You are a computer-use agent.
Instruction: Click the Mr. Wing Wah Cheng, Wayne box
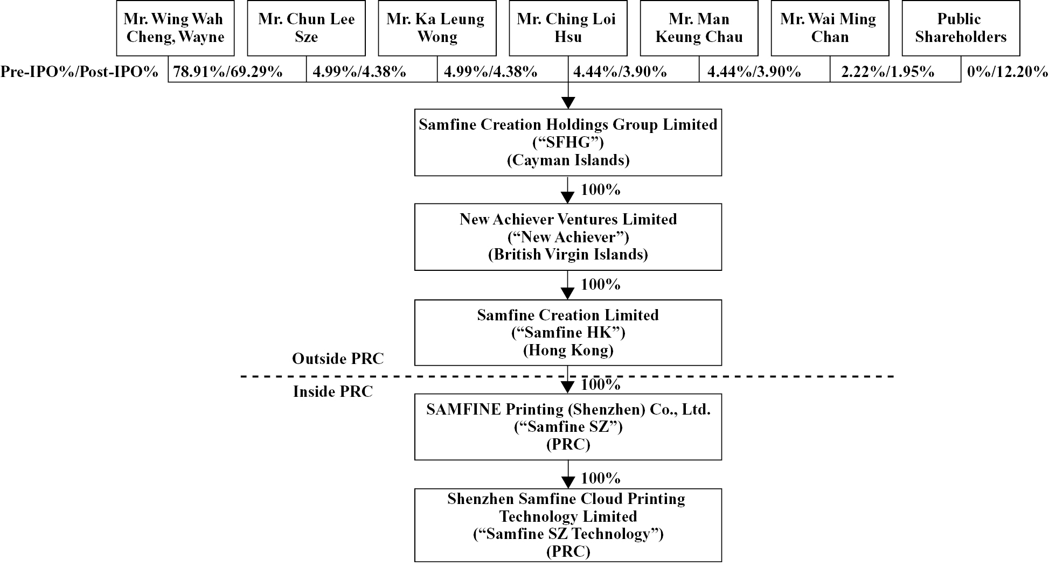pos(175,28)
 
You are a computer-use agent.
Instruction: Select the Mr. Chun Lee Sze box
pos(306,28)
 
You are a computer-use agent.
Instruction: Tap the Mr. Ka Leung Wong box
pos(437,28)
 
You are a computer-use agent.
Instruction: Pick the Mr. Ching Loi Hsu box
pos(568,28)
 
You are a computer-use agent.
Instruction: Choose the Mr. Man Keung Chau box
pos(699,28)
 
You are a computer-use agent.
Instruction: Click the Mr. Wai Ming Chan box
pos(830,28)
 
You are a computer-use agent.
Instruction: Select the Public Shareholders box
pos(961,28)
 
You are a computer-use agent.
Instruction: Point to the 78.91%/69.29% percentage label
pos(228,72)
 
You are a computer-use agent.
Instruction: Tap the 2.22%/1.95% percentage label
pos(888,72)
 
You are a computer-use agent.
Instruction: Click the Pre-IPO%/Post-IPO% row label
pos(80,72)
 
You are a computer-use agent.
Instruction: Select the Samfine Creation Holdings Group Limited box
pos(568,142)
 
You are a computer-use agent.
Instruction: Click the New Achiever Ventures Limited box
pos(568,237)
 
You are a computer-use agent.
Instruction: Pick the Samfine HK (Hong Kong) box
pos(568,332)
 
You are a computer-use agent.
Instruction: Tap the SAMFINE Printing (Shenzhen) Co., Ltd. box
pos(568,426)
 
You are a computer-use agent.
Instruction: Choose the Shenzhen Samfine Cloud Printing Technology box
pos(568,525)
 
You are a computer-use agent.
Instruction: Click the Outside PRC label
pos(338,359)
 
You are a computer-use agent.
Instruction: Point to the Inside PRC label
pos(333,391)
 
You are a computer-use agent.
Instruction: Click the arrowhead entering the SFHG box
pos(568,103)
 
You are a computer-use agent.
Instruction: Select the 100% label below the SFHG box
pos(600,190)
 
